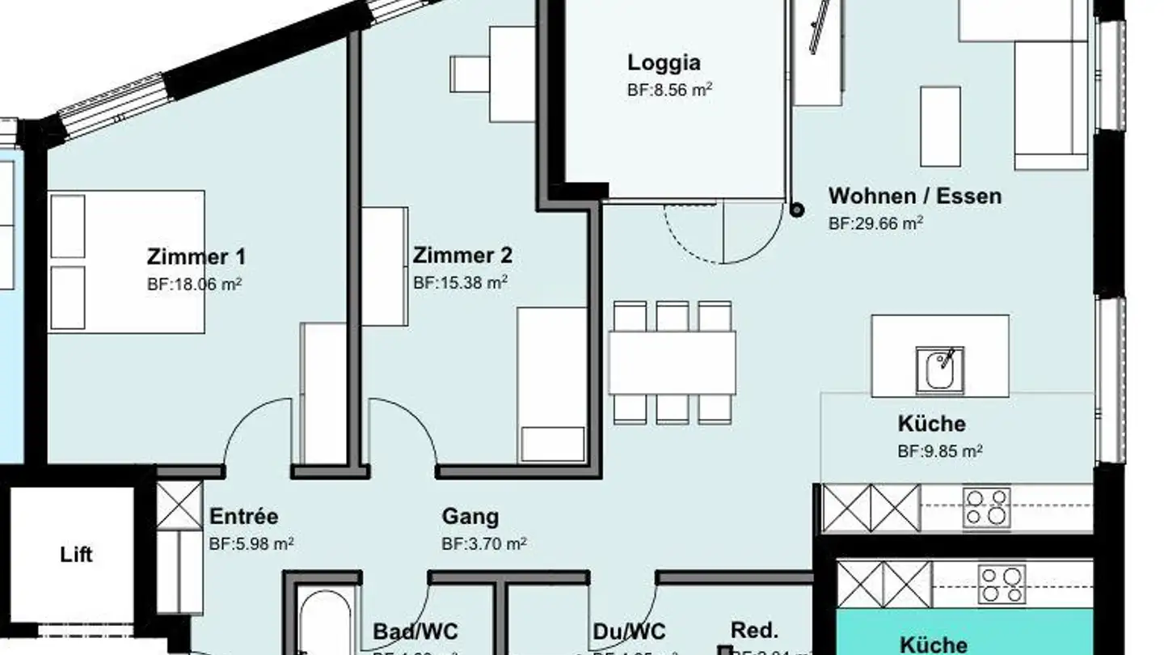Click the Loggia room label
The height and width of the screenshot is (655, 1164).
(x=664, y=62)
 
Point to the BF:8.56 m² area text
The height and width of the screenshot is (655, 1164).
(x=669, y=90)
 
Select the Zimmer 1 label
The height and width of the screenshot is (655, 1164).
(x=196, y=257)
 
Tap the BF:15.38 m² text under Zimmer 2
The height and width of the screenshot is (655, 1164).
(x=460, y=283)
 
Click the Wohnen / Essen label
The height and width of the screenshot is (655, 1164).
(x=914, y=196)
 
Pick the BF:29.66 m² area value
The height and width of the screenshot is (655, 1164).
(x=875, y=224)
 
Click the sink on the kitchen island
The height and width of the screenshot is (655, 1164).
(x=939, y=370)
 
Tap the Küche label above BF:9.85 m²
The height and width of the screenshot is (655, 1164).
(x=931, y=424)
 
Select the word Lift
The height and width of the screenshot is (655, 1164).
(x=76, y=555)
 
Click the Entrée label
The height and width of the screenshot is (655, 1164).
(x=243, y=516)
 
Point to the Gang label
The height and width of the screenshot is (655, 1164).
(x=470, y=516)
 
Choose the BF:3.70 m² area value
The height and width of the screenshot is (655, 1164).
(x=483, y=543)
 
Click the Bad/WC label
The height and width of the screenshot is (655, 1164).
(x=415, y=631)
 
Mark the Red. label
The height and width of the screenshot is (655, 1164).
(x=753, y=630)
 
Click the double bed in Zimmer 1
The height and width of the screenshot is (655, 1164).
(x=126, y=261)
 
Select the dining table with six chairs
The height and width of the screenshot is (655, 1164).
(x=672, y=362)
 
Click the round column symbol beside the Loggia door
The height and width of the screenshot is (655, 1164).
(x=796, y=210)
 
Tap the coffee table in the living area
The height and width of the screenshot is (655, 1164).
(x=940, y=126)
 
